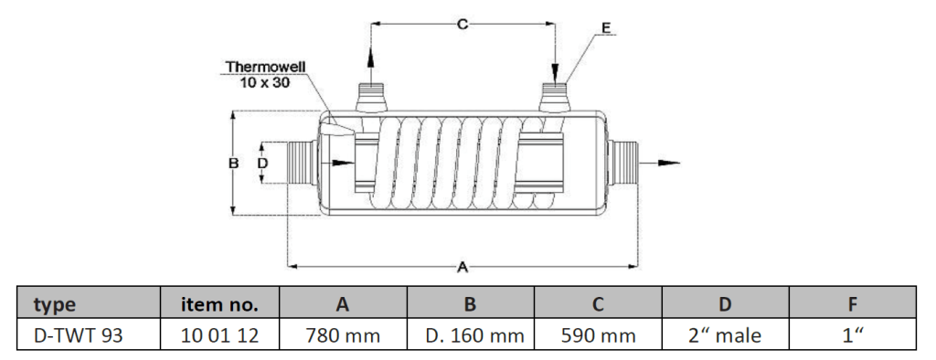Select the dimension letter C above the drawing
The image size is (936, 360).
point(463,24)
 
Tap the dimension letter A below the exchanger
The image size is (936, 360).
point(462,268)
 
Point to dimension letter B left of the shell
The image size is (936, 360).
point(234,163)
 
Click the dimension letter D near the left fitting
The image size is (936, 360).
point(262,163)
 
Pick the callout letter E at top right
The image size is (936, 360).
point(606,28)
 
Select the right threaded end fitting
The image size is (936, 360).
point(623,163)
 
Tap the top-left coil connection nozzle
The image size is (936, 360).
point(371,98)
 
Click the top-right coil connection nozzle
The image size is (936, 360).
point(555,98)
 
